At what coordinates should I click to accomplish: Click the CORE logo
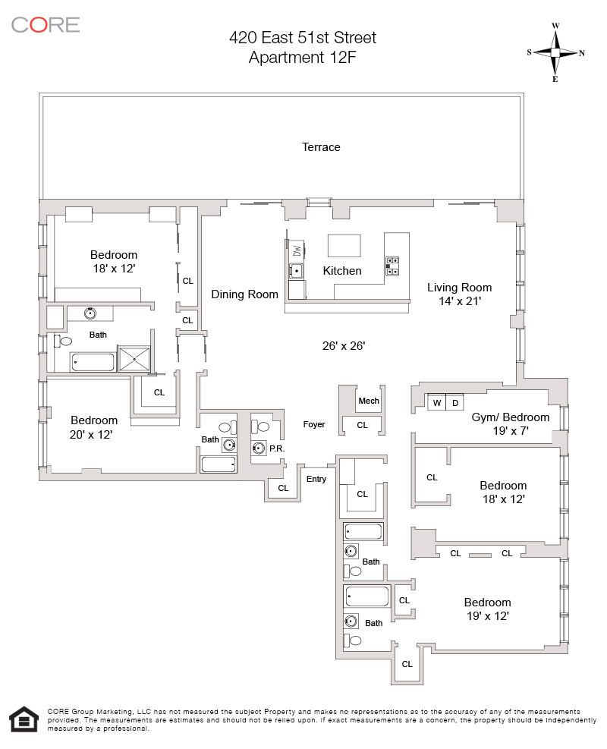46,24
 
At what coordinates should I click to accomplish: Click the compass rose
555,52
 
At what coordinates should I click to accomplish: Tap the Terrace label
321,147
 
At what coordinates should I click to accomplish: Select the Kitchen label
342,271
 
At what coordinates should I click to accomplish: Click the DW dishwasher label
297,250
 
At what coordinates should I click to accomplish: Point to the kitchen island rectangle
344,246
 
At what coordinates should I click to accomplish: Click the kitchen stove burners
393,264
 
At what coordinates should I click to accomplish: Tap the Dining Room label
244,294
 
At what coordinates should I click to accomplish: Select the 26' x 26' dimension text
344,346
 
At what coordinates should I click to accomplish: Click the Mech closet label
369,401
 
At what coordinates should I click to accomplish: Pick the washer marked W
436,403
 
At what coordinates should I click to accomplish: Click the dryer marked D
455,403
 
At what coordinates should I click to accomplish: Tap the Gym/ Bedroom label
510,417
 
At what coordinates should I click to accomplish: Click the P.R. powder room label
276,448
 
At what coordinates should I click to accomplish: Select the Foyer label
313,424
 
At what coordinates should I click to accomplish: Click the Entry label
316,479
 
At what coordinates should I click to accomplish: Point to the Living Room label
459,288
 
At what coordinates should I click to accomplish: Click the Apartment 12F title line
303,57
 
